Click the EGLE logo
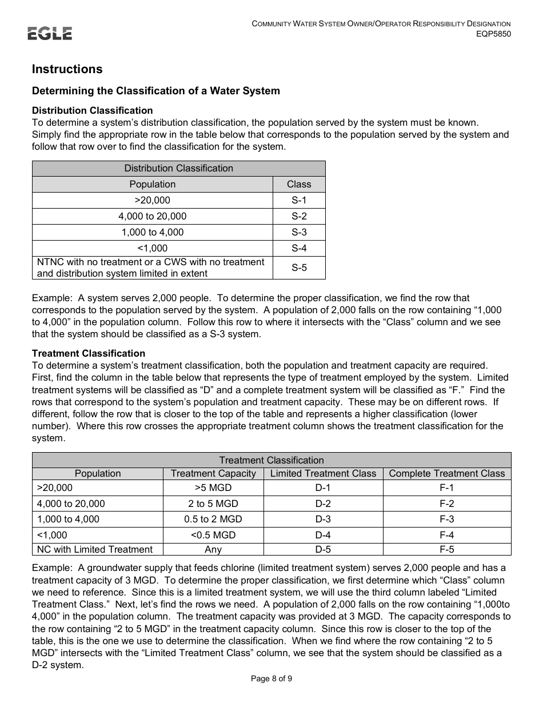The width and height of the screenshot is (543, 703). [50, 34]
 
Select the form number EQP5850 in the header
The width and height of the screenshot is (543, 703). [494, 34]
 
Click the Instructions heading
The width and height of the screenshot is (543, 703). [67, 69]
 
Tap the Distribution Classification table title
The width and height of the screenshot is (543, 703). [178, 168]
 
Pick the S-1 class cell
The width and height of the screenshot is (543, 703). [299, 200]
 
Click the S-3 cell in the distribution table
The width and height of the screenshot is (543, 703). [299, 232]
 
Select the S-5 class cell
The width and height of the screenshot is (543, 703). [299, 267]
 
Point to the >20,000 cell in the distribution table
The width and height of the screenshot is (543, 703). [152, 200]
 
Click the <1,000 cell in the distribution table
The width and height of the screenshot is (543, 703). [152, 248]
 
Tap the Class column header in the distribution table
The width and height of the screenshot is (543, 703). [299, 184]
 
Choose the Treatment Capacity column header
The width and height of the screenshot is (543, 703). [213, 473]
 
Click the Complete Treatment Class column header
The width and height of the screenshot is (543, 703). [446, 473]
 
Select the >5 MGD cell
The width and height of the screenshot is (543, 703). [213, 488]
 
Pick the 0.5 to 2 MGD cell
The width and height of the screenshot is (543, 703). [213, 519]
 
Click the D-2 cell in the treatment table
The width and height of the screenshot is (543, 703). [323, 504]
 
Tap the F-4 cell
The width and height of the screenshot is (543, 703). [446, 535]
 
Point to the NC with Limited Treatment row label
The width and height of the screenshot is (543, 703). [95, 549]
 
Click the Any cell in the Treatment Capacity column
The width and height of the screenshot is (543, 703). [213, 549]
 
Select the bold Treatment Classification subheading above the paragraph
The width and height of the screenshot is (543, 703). [89, 353]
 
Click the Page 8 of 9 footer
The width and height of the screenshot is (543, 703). [271, 679]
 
